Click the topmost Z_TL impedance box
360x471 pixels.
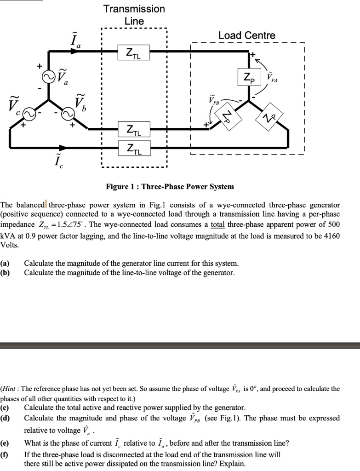(x=133, y=52)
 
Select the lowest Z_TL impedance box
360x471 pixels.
(x=133, y=149)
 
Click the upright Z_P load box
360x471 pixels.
(x=249, y=77)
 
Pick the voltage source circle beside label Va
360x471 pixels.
(x=48, y=77)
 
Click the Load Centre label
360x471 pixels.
(x=247, y=35)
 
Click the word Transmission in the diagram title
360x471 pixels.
(x=134, y=9)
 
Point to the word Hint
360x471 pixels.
(x=11, y=389)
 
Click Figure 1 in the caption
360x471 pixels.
(x=120, y=187)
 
